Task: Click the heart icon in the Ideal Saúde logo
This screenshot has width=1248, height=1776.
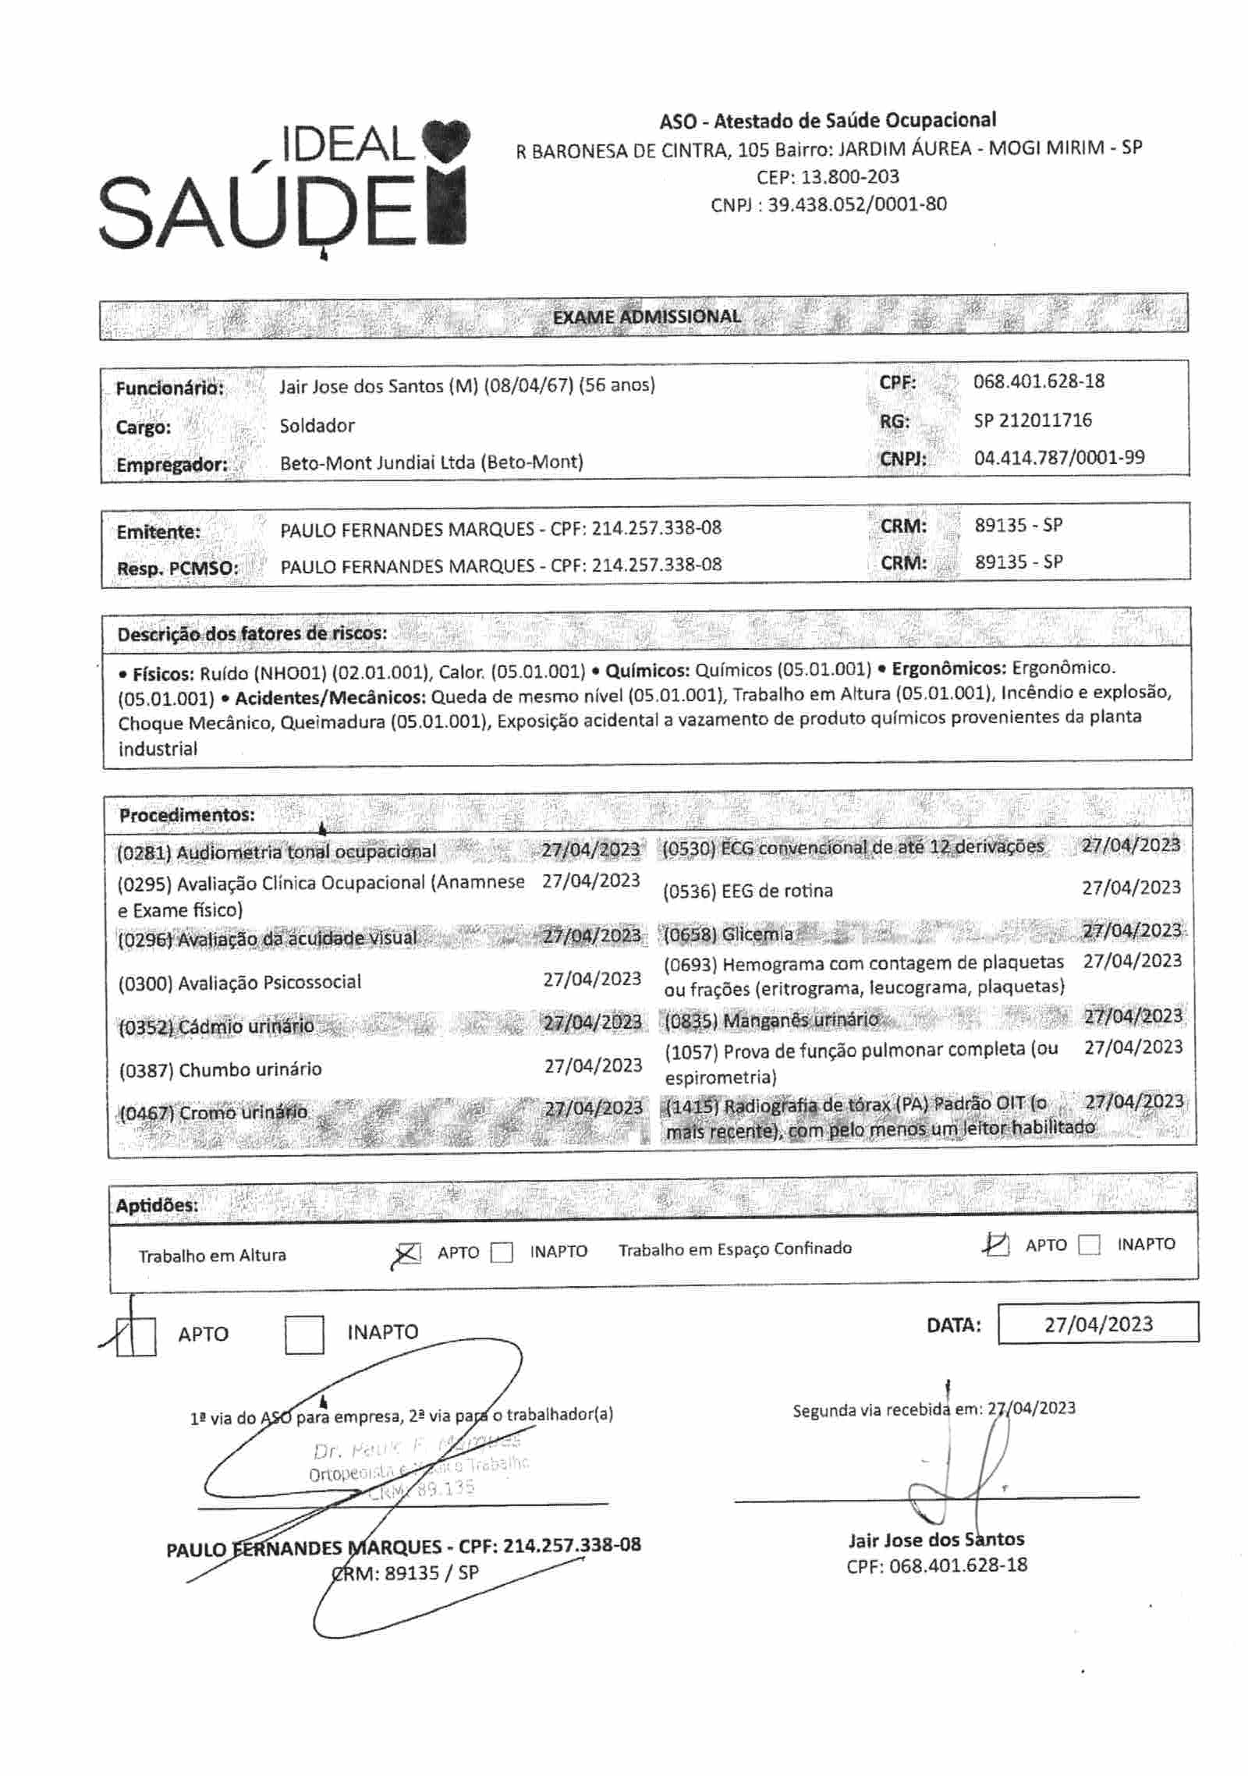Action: pos(445,141)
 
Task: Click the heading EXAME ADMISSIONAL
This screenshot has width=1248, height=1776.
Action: pos(647,317)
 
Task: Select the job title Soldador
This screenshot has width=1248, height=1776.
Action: pos(317,425)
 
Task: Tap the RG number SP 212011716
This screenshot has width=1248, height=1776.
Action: pos(1032,420)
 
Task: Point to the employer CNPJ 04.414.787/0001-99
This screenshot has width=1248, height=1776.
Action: pos(1058,457)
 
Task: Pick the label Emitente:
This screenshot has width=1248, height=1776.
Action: pos(158,532)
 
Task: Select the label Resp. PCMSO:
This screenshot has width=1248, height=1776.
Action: pos(177,568)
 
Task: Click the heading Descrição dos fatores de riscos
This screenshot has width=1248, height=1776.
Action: pos(252,633)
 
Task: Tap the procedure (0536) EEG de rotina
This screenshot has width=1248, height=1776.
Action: pos(747,891)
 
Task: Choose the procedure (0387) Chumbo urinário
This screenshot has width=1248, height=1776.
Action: pos(220,1069)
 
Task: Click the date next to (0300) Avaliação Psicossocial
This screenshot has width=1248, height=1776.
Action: pos(592,979)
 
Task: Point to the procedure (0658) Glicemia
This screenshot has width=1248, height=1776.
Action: pos(728,934)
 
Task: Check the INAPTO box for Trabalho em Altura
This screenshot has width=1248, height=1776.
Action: pos(502,1253)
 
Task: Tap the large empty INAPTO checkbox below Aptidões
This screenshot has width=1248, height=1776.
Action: pos(304,1335)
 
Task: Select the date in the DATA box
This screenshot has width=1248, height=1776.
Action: pos(1098,1324)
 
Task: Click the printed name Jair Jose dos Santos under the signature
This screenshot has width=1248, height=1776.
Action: pos(936,1539)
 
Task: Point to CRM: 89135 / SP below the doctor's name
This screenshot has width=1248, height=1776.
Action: pos(406,1572)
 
